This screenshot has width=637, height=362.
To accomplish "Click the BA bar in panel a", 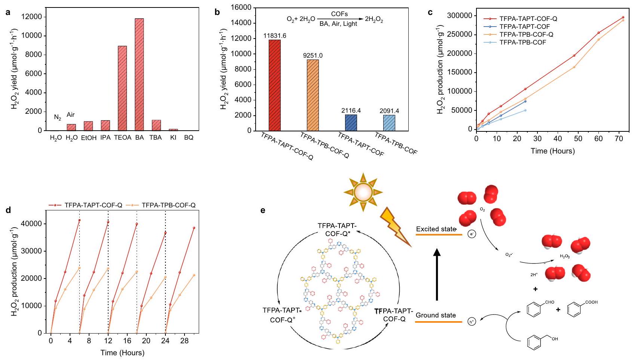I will point(139,74).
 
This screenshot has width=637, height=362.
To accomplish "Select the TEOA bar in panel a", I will point(122,88).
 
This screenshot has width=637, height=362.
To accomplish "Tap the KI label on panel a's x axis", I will point(173,138).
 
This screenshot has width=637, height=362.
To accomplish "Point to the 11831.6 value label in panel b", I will point(275,36).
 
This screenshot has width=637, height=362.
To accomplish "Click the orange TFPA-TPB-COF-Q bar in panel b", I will point(313,95).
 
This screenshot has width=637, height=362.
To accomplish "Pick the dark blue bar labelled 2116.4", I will point(351,123).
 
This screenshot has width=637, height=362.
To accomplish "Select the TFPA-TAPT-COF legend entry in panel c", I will point(524,27).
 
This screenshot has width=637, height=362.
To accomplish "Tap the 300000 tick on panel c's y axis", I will point(461,16).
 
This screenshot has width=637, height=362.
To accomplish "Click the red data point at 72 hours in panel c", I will point(623,17).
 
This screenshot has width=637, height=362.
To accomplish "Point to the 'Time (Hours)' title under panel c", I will point(552,151).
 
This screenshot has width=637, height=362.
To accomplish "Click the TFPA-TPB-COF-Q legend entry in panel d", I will point(168,205).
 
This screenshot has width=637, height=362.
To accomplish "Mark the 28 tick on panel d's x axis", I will point(184,341).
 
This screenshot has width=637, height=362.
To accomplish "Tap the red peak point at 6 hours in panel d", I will point(79,220).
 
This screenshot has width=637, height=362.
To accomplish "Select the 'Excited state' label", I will point(436,229).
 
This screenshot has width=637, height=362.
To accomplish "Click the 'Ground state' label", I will point(436,316).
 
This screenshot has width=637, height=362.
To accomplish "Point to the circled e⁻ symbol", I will point(472,234).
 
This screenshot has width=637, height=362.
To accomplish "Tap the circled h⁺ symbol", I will point(472,322).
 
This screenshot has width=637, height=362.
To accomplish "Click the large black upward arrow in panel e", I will point(437,275).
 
